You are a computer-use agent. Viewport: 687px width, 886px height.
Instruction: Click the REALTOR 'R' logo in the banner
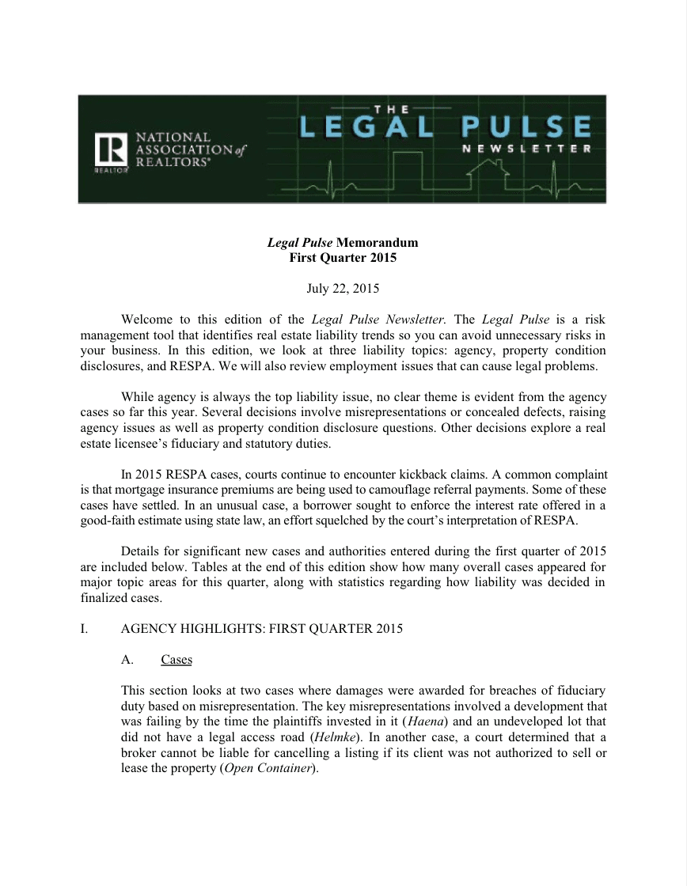(110, 151)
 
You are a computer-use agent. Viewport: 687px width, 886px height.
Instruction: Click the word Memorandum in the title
(377, 243)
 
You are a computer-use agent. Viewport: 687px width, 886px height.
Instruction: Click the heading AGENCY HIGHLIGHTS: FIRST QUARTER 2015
(261, 629)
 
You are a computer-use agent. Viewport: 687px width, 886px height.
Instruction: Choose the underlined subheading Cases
(176, 660)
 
